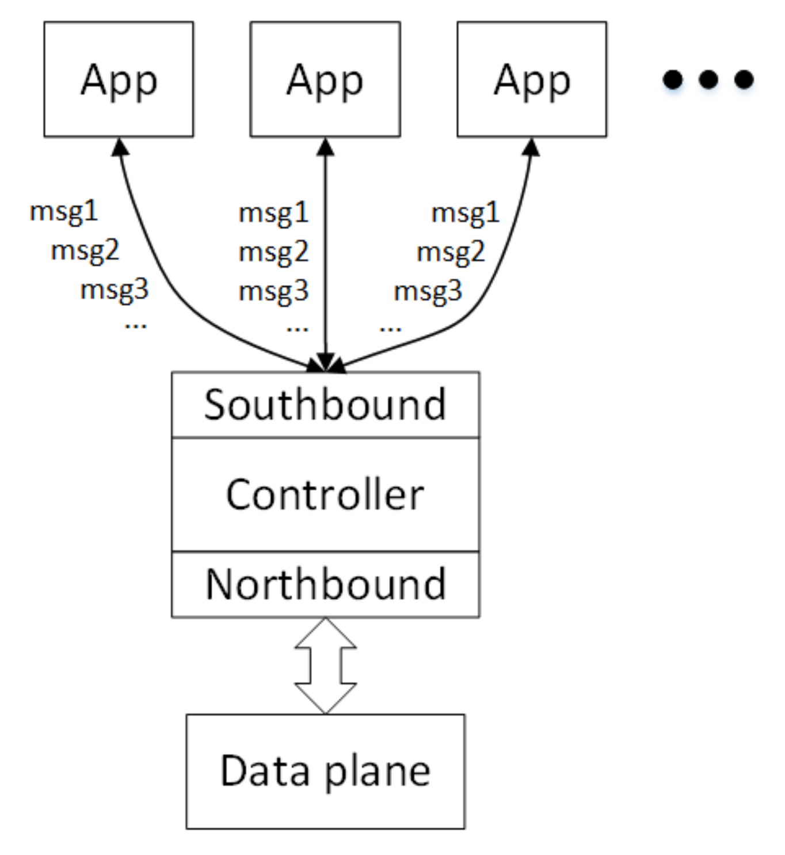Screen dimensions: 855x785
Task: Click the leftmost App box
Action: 119,79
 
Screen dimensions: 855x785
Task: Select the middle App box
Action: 325,79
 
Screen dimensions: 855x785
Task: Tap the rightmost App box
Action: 532,79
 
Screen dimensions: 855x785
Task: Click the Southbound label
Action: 325,405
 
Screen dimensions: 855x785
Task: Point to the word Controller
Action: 325,495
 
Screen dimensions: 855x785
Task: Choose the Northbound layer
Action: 325,584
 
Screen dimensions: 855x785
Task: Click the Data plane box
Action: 325,771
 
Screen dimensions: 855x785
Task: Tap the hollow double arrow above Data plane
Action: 325,666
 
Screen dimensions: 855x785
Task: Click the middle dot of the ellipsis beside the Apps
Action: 708,79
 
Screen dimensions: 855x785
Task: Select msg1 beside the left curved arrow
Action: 64,211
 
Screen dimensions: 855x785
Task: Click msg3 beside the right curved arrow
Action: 428,291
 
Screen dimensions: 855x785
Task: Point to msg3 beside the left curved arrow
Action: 115,289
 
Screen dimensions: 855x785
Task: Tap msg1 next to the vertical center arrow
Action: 273,213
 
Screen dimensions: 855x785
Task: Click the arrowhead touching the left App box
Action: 120,147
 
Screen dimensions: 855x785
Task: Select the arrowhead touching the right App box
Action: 531,147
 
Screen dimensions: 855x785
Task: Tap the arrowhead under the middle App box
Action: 325,147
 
